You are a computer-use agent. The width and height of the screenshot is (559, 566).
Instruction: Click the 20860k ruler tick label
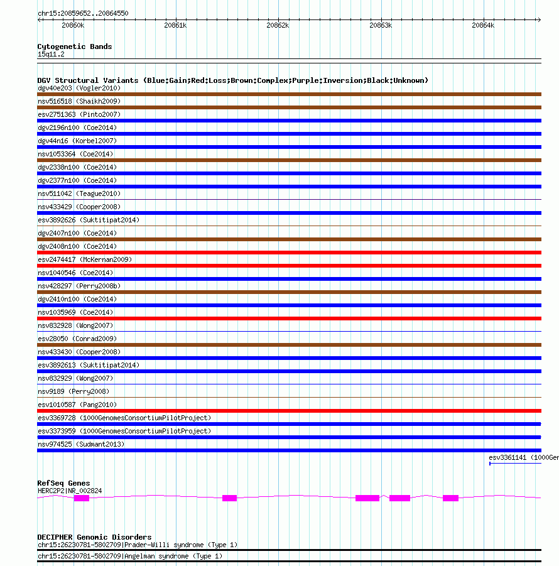coord(73,25)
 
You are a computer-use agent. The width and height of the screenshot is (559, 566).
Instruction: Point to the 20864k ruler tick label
coord(483,25)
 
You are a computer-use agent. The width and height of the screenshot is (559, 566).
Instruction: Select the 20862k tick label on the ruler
coord(278,25)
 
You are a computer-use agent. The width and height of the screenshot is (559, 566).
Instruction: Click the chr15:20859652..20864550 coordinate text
coord(83,13)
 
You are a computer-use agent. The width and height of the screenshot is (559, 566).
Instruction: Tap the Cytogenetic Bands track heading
coord(75,46)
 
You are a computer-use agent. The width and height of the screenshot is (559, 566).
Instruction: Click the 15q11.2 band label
coord(51,54)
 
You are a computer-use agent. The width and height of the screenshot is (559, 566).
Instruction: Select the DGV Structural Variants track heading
coord(232,80)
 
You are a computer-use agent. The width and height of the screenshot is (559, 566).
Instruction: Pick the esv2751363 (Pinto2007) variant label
coord(79,114)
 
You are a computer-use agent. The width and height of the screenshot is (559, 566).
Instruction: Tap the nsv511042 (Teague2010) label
coord(79,193)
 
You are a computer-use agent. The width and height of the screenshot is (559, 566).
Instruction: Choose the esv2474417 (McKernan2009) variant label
coord(85,259)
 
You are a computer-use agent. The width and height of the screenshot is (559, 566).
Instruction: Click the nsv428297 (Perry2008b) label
coord(79,286)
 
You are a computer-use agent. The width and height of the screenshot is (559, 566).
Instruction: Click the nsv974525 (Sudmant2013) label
coord(81,444)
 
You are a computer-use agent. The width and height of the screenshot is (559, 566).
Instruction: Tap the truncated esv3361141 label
coord(523,457)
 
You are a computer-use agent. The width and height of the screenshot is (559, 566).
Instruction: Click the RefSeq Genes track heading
coord(63,483)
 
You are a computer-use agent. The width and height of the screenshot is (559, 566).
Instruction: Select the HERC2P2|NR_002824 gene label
coord(70,491)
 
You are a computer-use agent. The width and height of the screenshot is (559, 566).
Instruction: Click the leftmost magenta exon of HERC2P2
coord(82,498)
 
